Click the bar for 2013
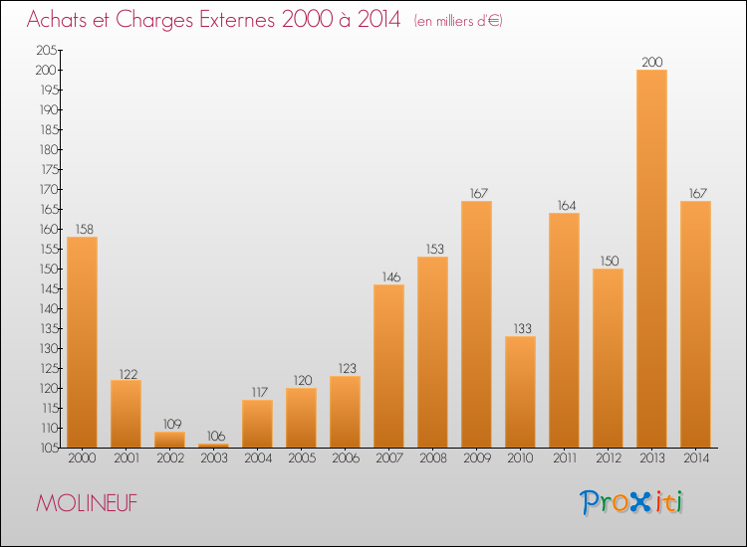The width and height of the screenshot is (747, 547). (651, 259)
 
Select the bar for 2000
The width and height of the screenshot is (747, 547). (82, 342)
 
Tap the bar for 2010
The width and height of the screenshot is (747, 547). (520, 392)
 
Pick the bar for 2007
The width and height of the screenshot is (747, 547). (388, 366)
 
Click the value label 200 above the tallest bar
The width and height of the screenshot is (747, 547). (651, 62)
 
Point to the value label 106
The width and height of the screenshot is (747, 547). (213, 436)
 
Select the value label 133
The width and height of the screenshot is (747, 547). (520, 328)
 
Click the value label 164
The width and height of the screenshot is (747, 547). (564, 205)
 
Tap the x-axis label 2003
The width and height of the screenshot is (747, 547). (213, 459)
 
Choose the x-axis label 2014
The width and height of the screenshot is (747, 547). (695, 459)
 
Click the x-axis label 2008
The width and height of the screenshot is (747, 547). (432, 459)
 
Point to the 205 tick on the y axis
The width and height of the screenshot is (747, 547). (47, 50)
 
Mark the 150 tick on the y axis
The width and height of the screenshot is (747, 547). (47, 269)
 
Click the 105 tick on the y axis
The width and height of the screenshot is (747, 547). (47, 448)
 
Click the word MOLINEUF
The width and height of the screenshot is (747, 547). (87, 503)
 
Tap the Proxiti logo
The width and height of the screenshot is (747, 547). (632, 502)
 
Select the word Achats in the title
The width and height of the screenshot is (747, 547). (62, 20)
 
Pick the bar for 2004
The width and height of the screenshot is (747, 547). (257, 424)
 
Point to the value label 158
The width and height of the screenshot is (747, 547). (82, 229)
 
